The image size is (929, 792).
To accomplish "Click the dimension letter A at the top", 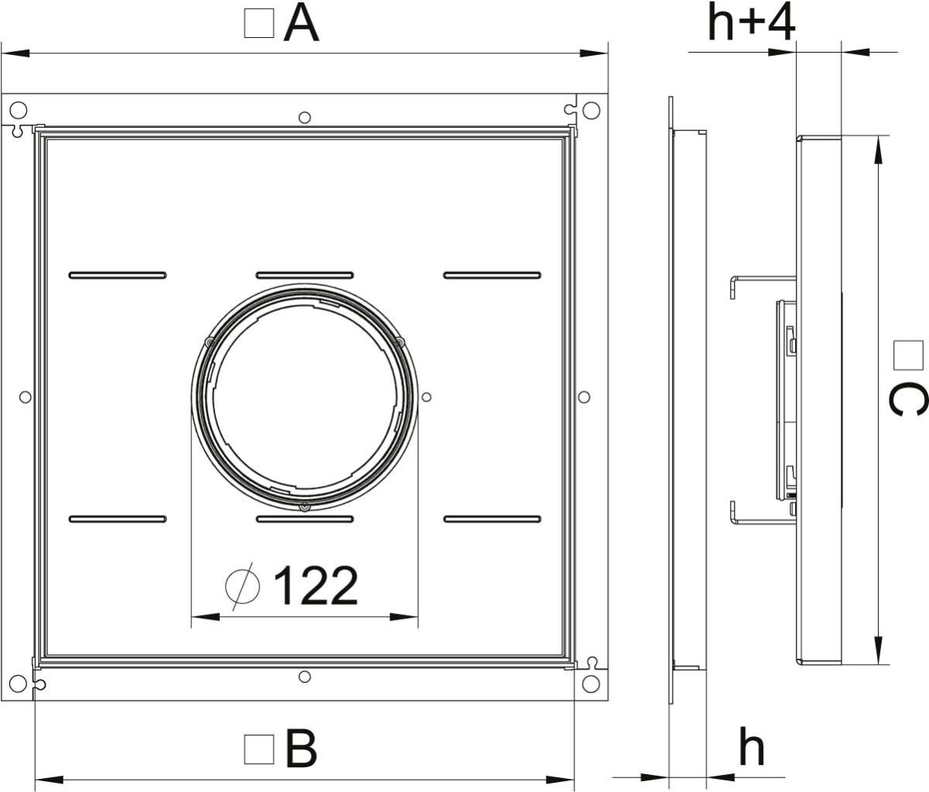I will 301,24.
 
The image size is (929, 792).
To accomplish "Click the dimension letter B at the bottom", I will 301,749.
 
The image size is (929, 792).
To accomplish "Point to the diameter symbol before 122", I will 242,586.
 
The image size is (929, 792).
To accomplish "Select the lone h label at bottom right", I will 750,748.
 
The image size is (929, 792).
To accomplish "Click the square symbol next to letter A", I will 259,24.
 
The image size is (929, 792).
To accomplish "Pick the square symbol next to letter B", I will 259,750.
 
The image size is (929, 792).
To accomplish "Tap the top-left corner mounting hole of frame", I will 19,110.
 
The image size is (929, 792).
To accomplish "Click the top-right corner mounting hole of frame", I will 591,110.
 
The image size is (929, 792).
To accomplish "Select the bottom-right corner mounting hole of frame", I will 591,684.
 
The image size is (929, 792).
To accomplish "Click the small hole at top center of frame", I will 305,117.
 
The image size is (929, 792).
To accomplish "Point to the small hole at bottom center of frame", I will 305,676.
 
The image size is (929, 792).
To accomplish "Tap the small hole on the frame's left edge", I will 25,397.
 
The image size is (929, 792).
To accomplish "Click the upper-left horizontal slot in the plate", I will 118,274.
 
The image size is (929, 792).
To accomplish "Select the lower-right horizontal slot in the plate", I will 492,518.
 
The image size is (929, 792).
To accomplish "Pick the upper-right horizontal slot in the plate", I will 492,274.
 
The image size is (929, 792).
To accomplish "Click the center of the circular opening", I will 305,396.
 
